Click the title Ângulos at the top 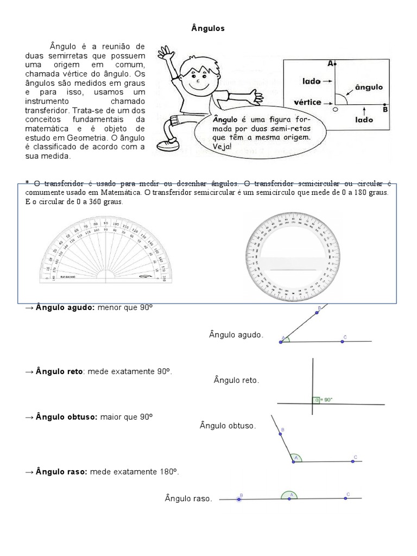pos(208,29)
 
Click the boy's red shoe pos(165,145)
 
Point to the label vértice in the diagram pos(307,102)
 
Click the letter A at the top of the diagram pos(330,64)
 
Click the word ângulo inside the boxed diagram pos(369,87)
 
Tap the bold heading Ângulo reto pos(59,371)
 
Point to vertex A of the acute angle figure pos(281,342)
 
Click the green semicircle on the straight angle pos(289,495)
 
